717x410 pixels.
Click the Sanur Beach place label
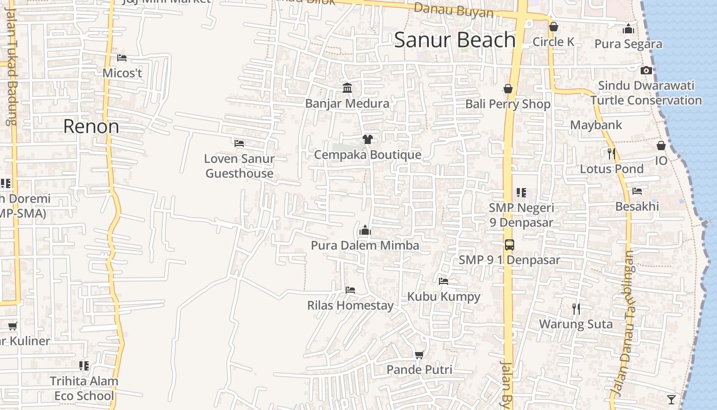(x=454, y=40)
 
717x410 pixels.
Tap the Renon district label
(x=91, y=126)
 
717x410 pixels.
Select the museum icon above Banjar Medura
(x=347, y=88)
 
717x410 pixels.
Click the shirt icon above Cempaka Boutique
(x=367, y=139)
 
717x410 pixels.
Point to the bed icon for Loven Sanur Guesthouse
(x=239, y=143)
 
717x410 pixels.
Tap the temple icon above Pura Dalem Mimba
(x=365, y=230)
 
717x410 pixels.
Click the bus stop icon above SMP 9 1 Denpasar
(x=509, y=244)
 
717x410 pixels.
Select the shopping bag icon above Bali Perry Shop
(x=508, y=89)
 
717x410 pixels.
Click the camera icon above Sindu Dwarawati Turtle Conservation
(x=646, y=70)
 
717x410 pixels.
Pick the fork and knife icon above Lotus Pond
(x=611, y=153)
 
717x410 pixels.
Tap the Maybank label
(x=596, y=125)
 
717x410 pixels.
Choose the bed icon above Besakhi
(x=637, y=191)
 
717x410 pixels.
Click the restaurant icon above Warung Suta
(x=576, y=309)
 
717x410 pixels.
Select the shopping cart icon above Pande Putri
(x=419, y=355)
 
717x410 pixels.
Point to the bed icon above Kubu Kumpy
(x=444, y=281)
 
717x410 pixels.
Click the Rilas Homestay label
(x=350, y=305)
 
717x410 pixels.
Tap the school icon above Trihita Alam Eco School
(x=84, y=366)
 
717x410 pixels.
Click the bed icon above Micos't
(x=122, y=58)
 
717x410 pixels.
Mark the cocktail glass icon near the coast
(x=671, y=399)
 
